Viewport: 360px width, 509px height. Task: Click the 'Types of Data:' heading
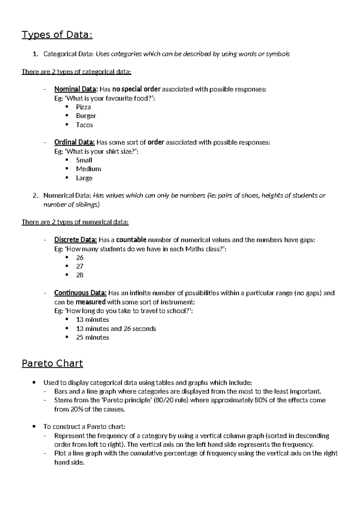(57, 35)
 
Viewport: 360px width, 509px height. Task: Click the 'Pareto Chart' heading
(52, 363)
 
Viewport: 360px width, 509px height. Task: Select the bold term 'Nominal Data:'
(76, 89)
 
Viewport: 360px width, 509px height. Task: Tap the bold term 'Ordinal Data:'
(74, 142)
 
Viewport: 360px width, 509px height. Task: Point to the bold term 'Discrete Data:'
(75, 240)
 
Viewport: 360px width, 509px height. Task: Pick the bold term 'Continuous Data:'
(80, 293)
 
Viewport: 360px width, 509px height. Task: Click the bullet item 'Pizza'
(83, 107)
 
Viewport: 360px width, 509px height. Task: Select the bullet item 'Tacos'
(84, 125)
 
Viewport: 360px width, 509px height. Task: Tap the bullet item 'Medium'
(88, 169)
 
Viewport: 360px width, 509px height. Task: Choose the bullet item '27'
(79, 266)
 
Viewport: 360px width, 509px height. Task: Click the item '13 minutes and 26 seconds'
(116, 329)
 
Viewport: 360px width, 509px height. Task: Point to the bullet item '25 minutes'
(92, 337)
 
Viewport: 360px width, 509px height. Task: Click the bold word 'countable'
(131, 240)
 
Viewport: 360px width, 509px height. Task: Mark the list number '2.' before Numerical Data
(35, 196)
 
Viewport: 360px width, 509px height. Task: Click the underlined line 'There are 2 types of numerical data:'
(75, 222)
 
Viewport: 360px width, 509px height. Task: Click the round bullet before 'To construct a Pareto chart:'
(35, 426)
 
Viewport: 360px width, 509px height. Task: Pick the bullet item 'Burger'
(86, 116)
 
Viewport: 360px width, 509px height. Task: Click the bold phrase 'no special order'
(136, 89)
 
